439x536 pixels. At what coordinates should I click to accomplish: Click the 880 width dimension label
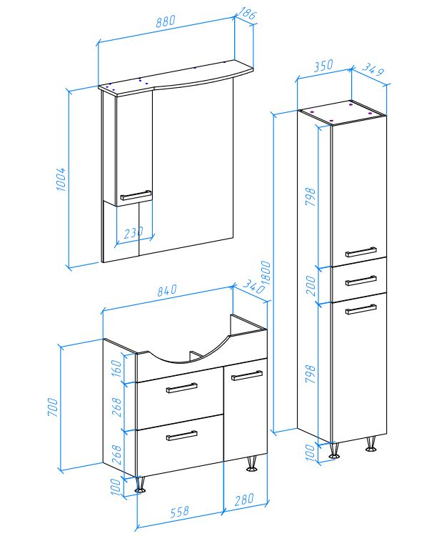(x=166, y=21)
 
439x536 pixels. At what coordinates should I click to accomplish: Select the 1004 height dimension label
(x=61, y=179)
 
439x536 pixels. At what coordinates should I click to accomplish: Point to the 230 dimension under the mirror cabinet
(x=133, y=233)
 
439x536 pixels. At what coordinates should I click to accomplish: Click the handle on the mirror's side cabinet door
(x=136, y=195)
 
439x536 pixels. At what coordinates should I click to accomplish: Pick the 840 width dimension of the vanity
(x=167, y=290)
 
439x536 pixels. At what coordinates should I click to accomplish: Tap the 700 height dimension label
(x=53, y=407)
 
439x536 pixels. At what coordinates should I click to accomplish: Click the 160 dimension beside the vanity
(x=116, y=368)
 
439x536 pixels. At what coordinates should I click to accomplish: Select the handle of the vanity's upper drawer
(x=181, y=388)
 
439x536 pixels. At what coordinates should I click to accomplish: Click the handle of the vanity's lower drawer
(x=181, y=435)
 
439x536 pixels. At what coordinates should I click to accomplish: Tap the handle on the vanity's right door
(x=247, y=375)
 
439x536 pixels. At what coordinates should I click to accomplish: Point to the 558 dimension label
(x=180, y=512)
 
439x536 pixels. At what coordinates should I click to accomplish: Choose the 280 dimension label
(x=244, y=500)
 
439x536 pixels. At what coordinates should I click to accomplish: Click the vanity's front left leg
(x=140, y=485)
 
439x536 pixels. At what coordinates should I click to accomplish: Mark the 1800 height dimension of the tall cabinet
(x=266, y=273)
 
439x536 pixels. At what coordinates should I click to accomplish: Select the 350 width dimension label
(x=323, y=66)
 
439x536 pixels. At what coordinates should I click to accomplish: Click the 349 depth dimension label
(x=373, y=69)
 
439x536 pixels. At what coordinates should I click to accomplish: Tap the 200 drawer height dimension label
(x=311, y=285)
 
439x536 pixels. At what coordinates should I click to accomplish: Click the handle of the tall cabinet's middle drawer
(x=361, y=280)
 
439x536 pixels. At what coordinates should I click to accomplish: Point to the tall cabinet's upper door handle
(x=361, y=252)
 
